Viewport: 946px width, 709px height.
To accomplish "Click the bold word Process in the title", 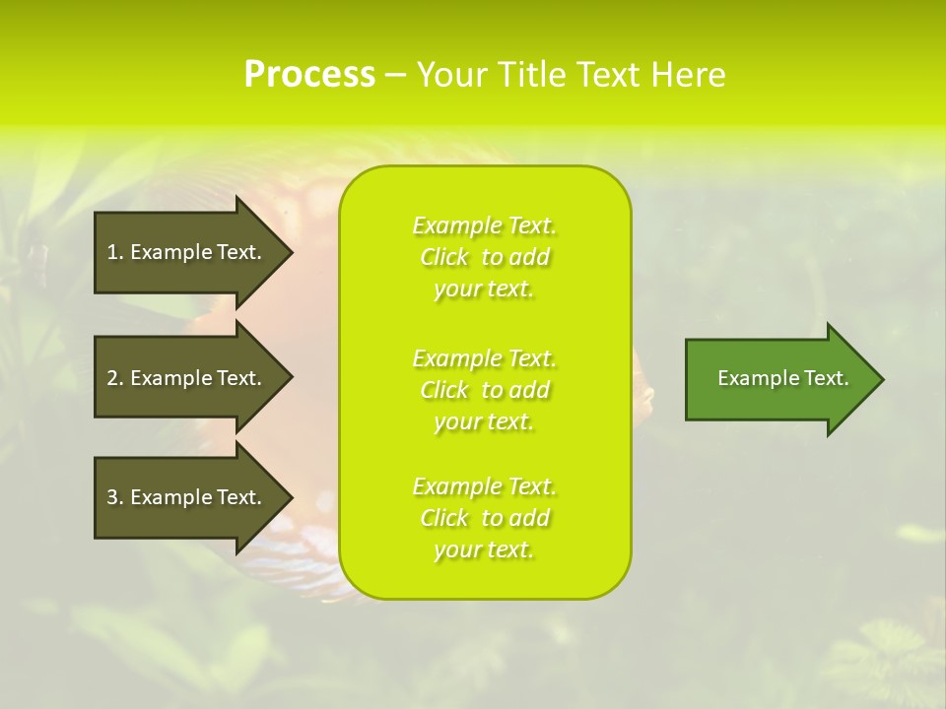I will pos(309,75).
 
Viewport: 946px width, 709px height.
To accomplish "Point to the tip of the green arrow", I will pos(881,379).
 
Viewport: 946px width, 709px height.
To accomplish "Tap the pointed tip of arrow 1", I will pos(290,252).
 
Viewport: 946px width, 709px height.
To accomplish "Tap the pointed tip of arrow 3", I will pos(290,497).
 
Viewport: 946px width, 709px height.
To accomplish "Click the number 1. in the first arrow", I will pos(114,252).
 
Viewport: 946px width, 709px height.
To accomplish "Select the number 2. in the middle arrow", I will pos(114,378).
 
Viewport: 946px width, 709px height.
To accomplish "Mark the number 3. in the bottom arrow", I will pos(114,497).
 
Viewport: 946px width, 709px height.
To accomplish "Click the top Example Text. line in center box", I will pos(484,226).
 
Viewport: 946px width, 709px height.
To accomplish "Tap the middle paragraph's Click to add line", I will pos(484,390).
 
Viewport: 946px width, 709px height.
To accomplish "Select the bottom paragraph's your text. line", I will pos(484,549).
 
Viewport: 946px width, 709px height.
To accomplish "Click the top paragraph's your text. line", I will pos(484,289).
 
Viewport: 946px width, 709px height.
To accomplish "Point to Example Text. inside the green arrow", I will pos(783,378).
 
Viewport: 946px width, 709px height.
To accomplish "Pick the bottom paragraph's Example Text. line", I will pos(484,486).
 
